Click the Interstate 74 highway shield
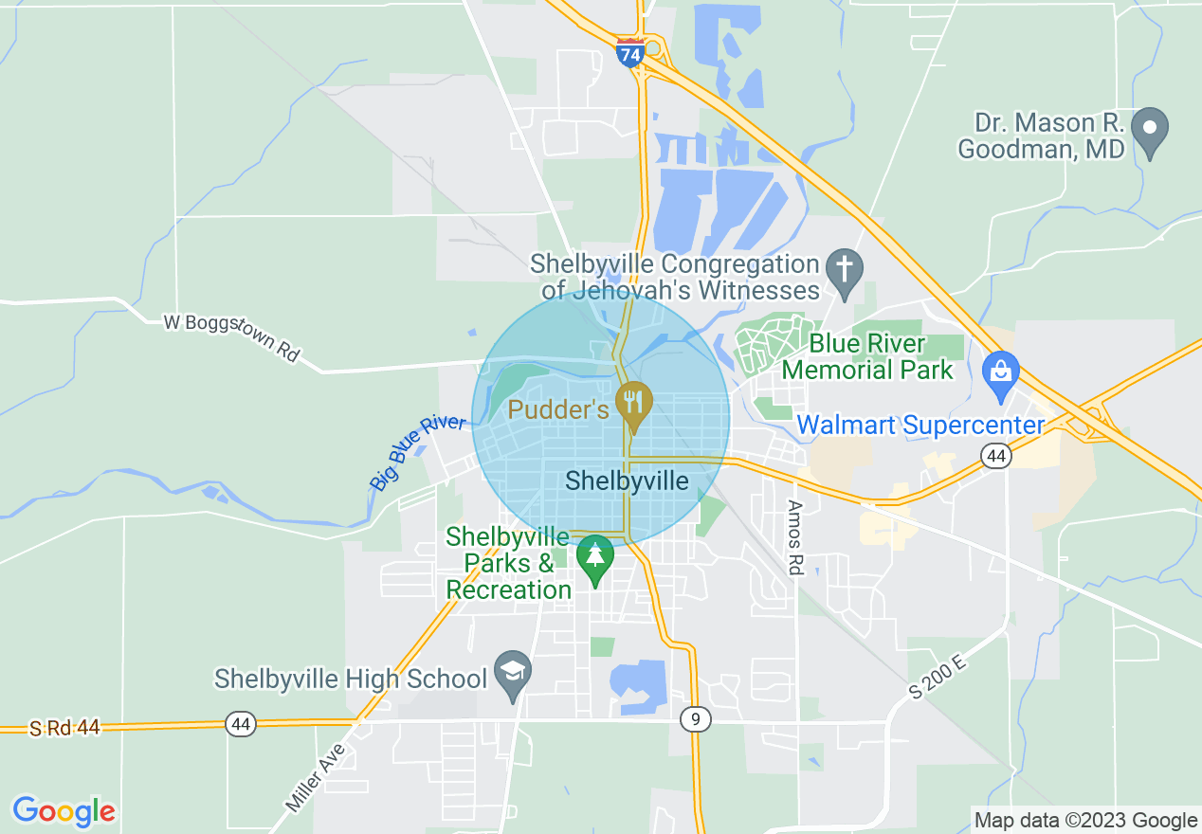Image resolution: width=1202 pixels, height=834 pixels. (x=629, y=53)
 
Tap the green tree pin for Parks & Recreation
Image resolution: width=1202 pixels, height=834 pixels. (x=595, y=557)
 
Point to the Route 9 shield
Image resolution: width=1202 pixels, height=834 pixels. (x=695, y=720)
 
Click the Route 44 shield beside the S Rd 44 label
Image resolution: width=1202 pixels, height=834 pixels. (x=241, y=724)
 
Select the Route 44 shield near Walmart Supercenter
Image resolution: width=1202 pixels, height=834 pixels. (x=994, y=457)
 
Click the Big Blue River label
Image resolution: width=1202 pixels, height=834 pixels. (x=418, y=453)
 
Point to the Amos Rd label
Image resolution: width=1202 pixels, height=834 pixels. (x=794, y=537)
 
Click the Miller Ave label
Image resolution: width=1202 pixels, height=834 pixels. (x=316, y=777)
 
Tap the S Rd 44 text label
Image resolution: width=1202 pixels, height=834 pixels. (x=64, y=728)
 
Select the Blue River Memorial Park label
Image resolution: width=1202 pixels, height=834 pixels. (x=867, y=355)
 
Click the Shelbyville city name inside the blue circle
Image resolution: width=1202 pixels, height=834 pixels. (x=627, y=481)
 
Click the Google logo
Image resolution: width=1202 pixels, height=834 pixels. (x=64, y=811)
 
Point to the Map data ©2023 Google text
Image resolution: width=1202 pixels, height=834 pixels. (x=1086, y=821)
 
